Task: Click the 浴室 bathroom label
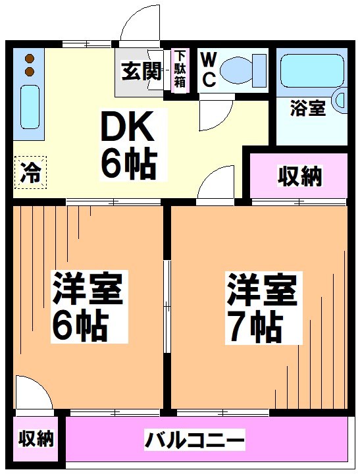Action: (307, 109)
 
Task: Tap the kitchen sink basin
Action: (28, 106)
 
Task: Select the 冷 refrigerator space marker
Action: (29, 172)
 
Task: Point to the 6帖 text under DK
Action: (128, 164)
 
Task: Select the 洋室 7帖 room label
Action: (262, 307)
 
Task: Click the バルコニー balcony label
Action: (195, 438)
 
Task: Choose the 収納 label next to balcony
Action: (36, 438)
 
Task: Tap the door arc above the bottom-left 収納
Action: (33, 394)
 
